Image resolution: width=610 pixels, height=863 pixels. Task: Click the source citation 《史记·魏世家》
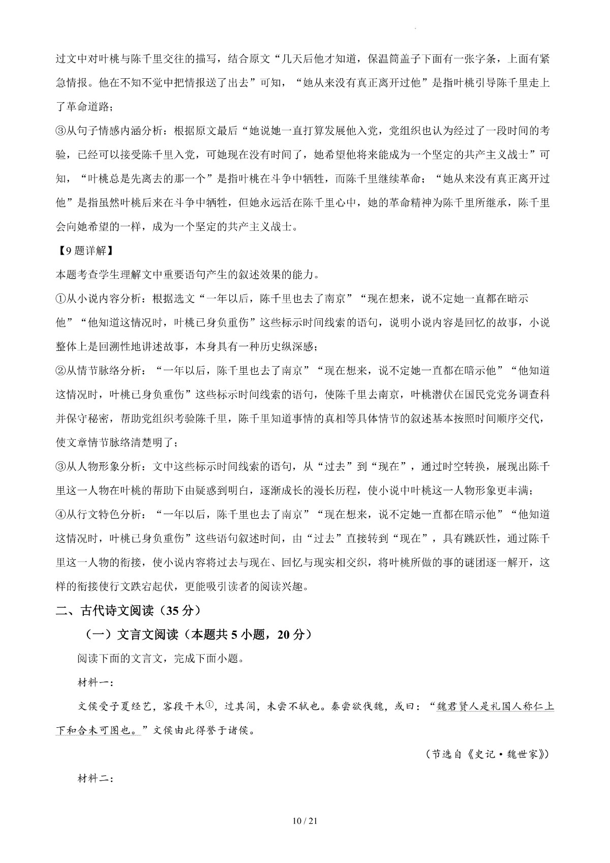[508, 754]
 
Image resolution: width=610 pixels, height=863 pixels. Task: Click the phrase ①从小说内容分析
[97, 299]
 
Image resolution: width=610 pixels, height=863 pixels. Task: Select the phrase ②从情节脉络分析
[97, 371]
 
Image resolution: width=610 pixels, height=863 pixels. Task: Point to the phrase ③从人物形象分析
[97, 466]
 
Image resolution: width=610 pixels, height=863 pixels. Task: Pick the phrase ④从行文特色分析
[97, 514]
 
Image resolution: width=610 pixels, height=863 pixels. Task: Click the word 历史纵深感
[288, 347]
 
